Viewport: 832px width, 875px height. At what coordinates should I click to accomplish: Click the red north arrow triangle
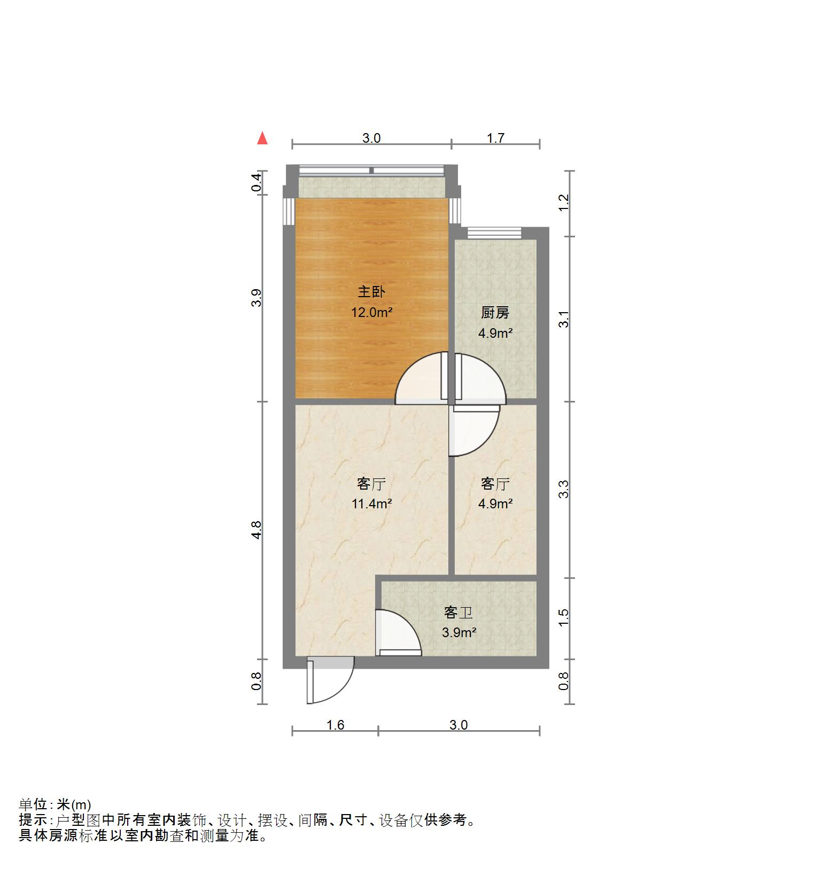coord(262,138)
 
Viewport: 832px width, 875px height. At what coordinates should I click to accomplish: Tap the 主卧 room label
coord(371,292)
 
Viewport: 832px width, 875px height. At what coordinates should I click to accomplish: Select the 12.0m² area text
coord(372,312)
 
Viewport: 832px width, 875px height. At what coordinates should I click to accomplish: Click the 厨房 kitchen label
coord(495,313)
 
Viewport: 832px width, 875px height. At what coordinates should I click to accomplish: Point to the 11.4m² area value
coord(372,504)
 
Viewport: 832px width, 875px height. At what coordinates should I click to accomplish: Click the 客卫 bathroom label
coord(458,612)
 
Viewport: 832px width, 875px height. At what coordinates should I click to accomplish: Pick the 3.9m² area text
coord(459,633)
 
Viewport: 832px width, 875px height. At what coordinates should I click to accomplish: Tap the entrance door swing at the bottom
coord(331,682)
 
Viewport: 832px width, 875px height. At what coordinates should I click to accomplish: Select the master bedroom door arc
coord(419,377)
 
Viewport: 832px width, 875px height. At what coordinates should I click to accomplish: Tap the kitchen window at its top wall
coord(494,233)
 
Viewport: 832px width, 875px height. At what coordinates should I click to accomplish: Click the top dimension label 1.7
coord(495,138)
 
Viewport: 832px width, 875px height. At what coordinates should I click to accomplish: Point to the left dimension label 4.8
coord(257,530)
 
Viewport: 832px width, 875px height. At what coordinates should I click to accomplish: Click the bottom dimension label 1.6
coord(335,725)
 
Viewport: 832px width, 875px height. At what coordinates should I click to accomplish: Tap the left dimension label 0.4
coord(257,183)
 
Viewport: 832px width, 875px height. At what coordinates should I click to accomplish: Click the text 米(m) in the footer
coord(74,804)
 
